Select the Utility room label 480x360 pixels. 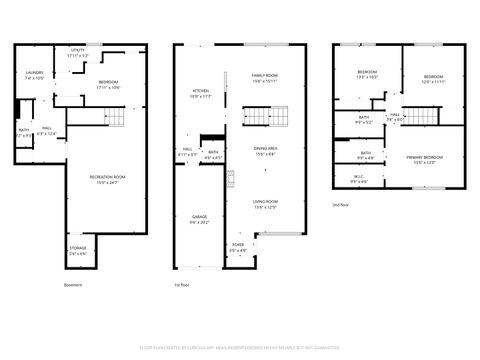78,53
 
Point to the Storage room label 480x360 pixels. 78,250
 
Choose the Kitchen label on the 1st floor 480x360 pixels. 201,93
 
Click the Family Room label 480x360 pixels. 265,78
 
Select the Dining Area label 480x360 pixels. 266,150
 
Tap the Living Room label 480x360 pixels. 266,204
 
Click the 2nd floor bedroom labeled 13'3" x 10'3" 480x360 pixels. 367,74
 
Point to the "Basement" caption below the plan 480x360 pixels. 73,285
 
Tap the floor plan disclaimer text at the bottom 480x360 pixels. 240,346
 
